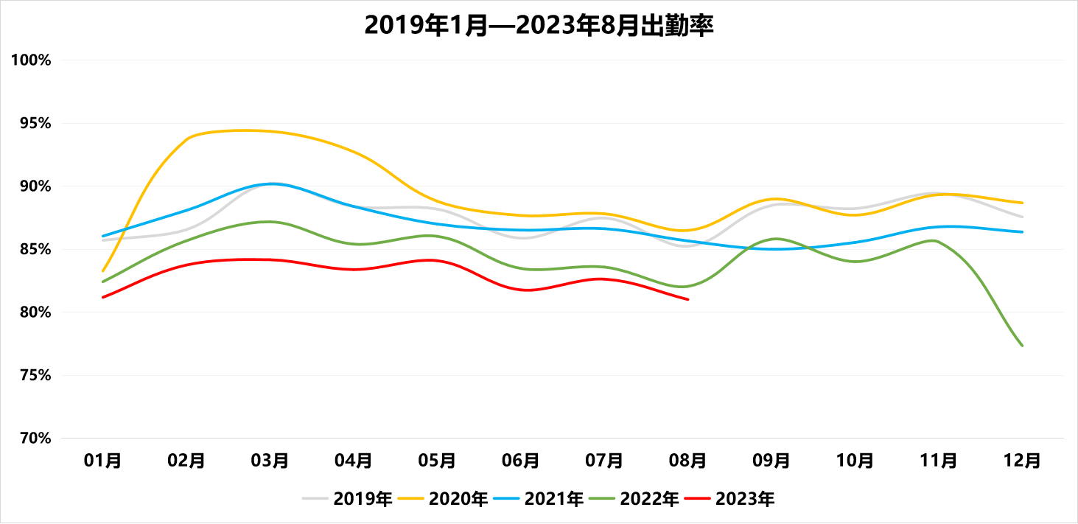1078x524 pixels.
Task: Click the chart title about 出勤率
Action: [539, 26]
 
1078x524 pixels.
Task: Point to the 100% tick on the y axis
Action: [31, 60]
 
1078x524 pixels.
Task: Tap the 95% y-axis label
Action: [34, 123]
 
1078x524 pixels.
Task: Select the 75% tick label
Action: [34, 375]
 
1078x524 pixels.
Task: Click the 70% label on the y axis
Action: [34, 439]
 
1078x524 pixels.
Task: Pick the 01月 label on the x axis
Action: [102, 461]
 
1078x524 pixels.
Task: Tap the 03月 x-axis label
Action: [270, 461]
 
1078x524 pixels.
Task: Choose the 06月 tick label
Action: [521, 461]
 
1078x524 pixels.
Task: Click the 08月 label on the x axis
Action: [688, 461]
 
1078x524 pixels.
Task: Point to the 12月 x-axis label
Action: [1023, 461]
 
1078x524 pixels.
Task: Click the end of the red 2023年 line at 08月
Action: [687, 299]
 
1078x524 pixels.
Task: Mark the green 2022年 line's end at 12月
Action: [1022, 345]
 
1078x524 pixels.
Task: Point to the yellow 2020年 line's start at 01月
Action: [103, 270]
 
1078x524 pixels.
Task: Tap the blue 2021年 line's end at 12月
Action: [1022, 232]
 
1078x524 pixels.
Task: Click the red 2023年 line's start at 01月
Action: [103, 297]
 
